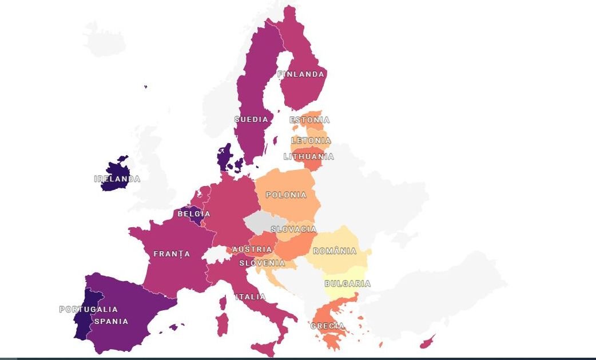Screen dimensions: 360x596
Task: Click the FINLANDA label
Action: pos(301,74)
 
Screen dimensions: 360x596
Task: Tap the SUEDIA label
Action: pos(251,120)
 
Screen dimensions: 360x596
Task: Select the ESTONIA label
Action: pos(309,120)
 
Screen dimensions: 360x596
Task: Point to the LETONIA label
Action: pos(311,141)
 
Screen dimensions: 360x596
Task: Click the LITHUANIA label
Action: pos(309,157)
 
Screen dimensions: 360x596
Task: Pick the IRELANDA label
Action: pos(117,179)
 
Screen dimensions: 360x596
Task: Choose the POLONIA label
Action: pos(286,195)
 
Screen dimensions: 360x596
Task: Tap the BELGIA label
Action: pos(194,214)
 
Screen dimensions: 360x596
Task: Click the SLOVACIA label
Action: pos(293,230)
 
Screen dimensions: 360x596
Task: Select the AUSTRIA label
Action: pos(252,250)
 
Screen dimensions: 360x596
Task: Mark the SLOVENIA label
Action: pos(262,263)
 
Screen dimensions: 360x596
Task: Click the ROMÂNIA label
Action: pos(335,251)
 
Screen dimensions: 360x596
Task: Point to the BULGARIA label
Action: pos(347,284)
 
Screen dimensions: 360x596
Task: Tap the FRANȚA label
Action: pos(172,254)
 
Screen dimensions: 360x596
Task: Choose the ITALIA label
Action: pos(250,297)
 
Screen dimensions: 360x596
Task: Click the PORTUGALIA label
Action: pos(88,310)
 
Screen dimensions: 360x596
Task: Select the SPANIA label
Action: pos(111,322)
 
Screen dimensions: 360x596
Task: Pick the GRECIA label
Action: pos(328,326)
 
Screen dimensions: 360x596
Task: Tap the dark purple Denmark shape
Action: pos(224,156)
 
